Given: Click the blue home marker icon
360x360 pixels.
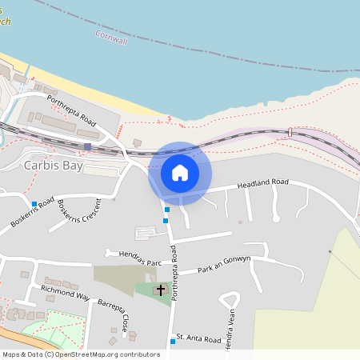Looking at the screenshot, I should (x=180, y=172).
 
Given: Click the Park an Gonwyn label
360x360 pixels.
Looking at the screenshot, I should (x=225, y=264).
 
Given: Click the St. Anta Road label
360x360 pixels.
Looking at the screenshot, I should (x=198, y=339).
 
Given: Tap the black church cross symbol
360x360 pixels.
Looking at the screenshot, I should (x=161, y=290).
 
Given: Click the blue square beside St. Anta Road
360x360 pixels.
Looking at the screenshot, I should (x=172, y=342).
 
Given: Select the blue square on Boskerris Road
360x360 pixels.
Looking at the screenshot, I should (x=34, y=203).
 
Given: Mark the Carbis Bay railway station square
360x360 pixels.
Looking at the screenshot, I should (x=87, y=146).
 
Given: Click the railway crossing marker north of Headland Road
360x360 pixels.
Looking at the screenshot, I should (x=289, y=131).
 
